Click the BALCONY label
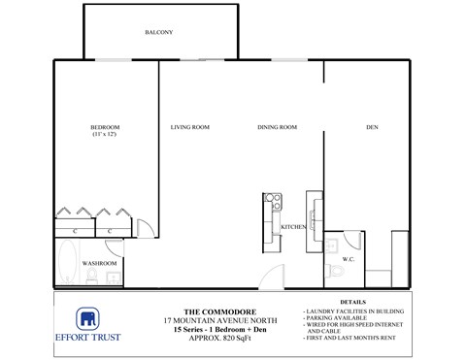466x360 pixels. (158, 33)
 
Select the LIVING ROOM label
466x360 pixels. (190, 127)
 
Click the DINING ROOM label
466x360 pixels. (277, 127)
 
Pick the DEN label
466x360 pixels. (372, 127)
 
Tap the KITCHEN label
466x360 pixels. (294, 227)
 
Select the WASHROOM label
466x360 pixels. (99, 263)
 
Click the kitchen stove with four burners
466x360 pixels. (273, 203)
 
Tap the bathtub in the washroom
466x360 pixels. (68, 262)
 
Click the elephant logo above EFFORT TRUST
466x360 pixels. (87, 321)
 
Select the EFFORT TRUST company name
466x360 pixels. (87, 341)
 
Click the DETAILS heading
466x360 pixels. (353, 302)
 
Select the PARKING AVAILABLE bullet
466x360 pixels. (338, 317)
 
